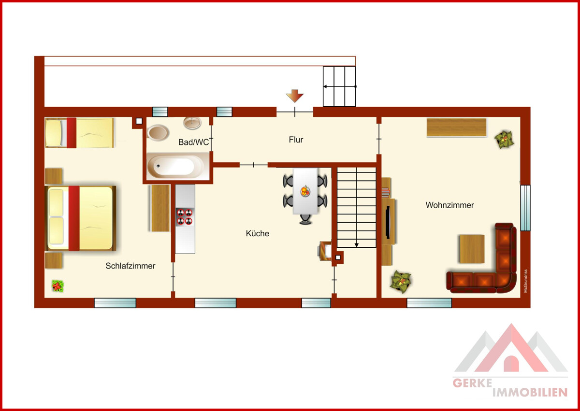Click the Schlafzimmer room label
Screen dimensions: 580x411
(x=130, y=266)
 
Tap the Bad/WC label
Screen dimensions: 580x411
(x=193, y=142)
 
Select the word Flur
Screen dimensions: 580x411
(x=296, y=140)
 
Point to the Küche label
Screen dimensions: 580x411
(x=257, y=233)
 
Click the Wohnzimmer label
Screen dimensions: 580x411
(x=450, y=205)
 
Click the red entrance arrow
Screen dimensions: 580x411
(x=295, y=96)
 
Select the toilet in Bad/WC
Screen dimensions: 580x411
(x=158, y=133)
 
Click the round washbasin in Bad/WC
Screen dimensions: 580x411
(x=192, y=123)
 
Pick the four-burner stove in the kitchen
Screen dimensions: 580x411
(x=185, y=217)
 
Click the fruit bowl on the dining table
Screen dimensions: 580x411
(x=305, y=191)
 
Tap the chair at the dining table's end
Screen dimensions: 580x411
(x=305, y=219)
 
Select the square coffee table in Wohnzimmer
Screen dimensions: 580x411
(x=472, y=249)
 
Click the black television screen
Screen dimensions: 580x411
(x=388, y=222)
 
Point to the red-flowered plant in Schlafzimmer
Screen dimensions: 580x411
(x=58, y=286)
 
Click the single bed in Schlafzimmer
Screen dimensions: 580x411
(x=79, y=133)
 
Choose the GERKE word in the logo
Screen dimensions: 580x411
(x=472, y=383)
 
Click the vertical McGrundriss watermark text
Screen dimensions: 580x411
(x=525, y=281)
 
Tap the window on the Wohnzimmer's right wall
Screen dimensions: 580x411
(x=525, y=208)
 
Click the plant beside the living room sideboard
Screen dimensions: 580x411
(x=504, y=140)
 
